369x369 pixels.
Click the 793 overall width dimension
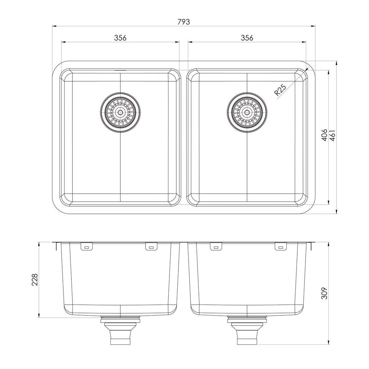pos(183,22)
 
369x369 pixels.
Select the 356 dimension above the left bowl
pos(120,38)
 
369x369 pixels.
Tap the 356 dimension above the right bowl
pos(247,38)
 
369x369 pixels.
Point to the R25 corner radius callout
pos(280,91)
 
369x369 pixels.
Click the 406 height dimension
pos(324,135)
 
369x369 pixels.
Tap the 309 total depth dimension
pos(325,293)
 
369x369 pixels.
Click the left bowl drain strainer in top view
pos(120,112)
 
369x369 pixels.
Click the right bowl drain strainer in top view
pos(247,112)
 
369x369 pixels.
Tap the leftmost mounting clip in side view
pos(86,246)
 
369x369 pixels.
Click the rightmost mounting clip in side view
pos(281,246)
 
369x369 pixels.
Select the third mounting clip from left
pos(216,246)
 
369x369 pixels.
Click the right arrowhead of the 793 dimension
pos(313,26)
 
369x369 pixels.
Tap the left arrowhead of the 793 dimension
pos(54,26)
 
